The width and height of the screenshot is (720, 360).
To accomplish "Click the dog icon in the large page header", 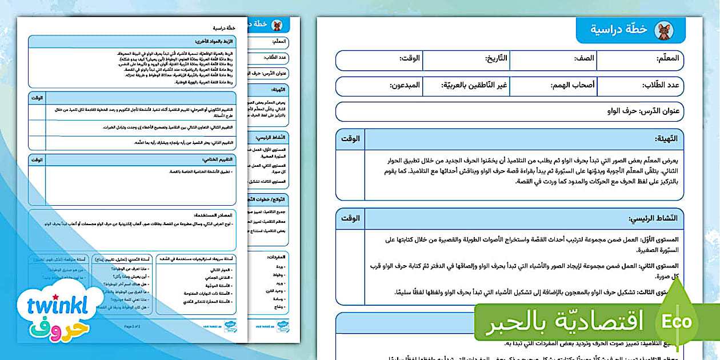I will coord(663,30).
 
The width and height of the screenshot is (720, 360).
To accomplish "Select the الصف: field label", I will coord(585,58).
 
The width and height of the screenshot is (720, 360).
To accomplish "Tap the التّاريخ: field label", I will coord(496,58).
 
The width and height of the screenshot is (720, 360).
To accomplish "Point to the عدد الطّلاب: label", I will coord(658,85).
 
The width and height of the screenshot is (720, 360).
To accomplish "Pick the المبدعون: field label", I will coord(405,85).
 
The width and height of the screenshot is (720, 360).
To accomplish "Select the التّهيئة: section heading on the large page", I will coord(666,139).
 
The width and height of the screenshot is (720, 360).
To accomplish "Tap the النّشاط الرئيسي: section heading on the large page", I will coord(653,219).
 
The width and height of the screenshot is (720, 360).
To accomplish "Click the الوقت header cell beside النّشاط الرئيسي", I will coord(350,219).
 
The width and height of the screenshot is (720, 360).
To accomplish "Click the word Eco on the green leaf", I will coord(677,321).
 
